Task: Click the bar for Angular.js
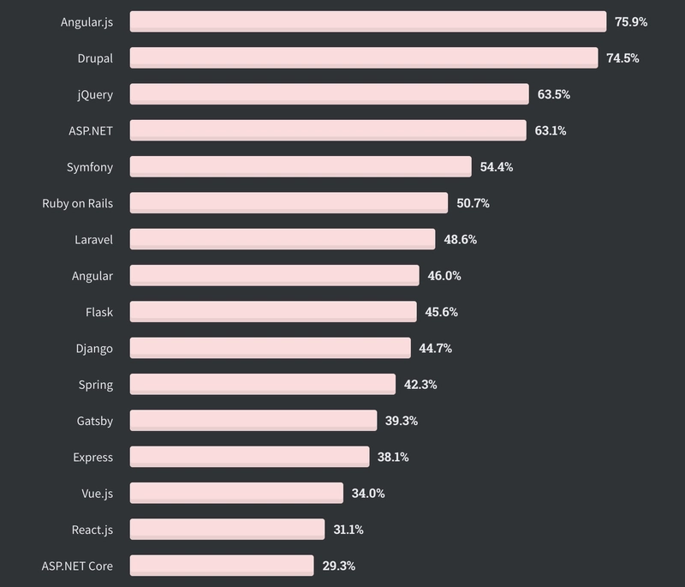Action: (x=368, y=21)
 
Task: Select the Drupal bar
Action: (x=364, y=57)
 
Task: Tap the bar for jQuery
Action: (x=329, y=94)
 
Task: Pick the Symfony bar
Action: (x=301, y=166)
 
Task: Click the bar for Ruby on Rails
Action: (x=289, y=203)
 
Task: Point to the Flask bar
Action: (x=273, y=312)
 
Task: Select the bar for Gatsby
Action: (x=253, y=421)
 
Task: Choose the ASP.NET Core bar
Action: (x=222, y=566)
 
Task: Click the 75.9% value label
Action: (x=631, y=21)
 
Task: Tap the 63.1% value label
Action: (x=551, y=130)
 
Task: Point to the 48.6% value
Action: (x=460, y=239)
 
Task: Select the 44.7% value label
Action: (x=436, y=348)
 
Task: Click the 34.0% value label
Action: (x=368, y=493)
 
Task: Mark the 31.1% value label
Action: (x=348, y=530)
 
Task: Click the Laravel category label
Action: (x=93, y=239)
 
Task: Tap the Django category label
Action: (x=94, y=348)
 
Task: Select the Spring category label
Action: (x=96, y=385)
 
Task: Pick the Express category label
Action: (x=92, y=457)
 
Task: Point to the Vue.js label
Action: (x=95, y=493)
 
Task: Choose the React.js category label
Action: (x=92, y=530)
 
